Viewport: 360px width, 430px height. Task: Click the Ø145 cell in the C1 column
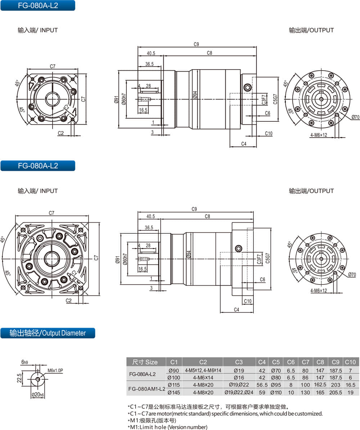point(174,393)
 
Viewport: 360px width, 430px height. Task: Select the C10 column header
point(350,362)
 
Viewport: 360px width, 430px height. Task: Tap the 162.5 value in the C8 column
point(320,385)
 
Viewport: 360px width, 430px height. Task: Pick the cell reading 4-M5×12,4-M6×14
point(203,371)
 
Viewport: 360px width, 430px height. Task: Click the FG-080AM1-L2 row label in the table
point(147,389)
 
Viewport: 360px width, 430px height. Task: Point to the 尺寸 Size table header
point(145,362)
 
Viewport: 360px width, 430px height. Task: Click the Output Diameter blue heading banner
point(48,333)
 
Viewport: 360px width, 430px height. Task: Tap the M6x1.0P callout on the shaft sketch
point(55,371)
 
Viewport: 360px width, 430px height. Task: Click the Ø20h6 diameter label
point(37,395)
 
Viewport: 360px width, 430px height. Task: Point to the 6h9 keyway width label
point(25,362)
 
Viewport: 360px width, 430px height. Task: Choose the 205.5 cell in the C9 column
point(335,393)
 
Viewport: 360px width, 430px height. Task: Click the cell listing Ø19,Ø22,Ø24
point(239,393)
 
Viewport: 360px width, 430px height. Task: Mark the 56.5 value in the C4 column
point(262,385)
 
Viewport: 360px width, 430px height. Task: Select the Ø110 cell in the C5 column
point(276,393)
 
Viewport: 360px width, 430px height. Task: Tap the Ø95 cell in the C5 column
point(276,385)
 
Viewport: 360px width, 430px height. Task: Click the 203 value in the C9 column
point(335,385)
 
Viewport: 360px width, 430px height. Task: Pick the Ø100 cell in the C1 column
point(174,378)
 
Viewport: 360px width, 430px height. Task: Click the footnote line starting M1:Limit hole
point(167,427)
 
